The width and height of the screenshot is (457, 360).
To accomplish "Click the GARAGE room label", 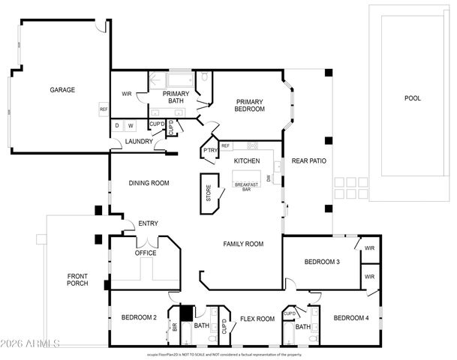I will coord(62,90).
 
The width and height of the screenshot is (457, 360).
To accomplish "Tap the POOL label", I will coord(413,98).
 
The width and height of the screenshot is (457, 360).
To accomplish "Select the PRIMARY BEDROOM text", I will coord(250,105).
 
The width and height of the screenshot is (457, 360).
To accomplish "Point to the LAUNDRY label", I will coord(140,141).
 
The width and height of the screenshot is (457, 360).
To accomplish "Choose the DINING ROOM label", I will coord(149,182).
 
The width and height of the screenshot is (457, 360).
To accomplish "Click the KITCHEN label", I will coord(247,161).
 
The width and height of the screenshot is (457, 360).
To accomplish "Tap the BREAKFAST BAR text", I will coord(247,187).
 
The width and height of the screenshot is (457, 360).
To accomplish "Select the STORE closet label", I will coord(209,194).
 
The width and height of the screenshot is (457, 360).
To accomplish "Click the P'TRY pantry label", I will coord(209,150).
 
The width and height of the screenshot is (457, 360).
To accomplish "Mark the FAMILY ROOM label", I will coord(244,244).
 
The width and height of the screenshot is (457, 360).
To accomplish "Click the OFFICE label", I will coord(146,253).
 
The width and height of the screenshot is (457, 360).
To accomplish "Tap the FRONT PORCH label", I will coord(77,279).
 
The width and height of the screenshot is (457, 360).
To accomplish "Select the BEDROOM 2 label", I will coord(139,317).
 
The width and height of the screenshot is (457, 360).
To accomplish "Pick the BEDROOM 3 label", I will coord(322,262).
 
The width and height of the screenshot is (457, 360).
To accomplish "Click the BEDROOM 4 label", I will coord(351,317).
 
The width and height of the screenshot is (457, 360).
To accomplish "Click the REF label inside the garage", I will coord(104,109).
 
